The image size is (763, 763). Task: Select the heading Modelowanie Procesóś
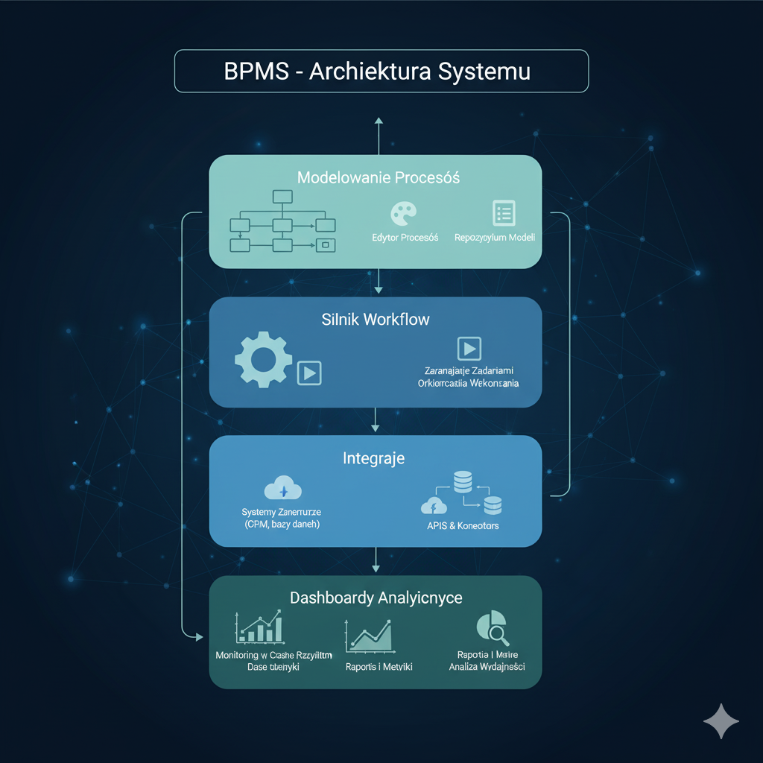379,178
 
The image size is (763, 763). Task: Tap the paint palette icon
405,215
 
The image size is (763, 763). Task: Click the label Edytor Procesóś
405,238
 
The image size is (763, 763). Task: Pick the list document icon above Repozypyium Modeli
504,214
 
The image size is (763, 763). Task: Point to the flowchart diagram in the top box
282,221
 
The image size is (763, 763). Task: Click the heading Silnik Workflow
376,320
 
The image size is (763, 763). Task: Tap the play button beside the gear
309,373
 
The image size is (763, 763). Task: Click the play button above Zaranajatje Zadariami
469,348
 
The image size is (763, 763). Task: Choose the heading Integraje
374,458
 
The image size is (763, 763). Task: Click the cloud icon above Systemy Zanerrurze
282,490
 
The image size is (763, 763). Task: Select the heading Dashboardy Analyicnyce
376,598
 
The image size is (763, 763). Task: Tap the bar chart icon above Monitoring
259,627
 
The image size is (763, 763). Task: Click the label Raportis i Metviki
379,667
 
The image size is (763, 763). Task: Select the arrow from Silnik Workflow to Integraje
376,422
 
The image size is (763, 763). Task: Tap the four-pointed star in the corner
721,721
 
